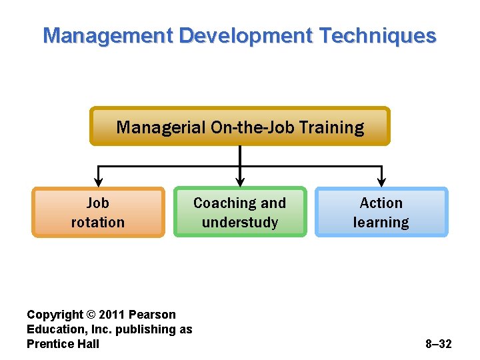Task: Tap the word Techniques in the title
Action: pyautogui.click(x=377, y=35)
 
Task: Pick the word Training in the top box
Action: pyautogui.click(x=332, y=127)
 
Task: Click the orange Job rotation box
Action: pyautogui.click(x=98, y=212)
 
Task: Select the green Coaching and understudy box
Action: pyautogui.click(x=239, y=212)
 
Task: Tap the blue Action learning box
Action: pyautogui.click(x=381, y=212)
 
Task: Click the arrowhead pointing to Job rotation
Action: pyautogui.click(x=99, y=180)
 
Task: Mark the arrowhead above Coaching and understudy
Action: pyautogui.click(x=240, y=180)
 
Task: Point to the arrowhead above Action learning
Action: pyautogui.click(x=381, y=180)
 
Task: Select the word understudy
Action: pyautogui.click(x=239, y=223)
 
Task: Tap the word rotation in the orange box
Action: pyautogui.click(x=98, y=223)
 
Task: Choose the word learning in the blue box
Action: pyautogui.click(x=381, y=223)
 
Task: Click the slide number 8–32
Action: pyautogui.click(x=438, y=344)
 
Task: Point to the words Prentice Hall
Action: pyautogui.click(x=63, y=344)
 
